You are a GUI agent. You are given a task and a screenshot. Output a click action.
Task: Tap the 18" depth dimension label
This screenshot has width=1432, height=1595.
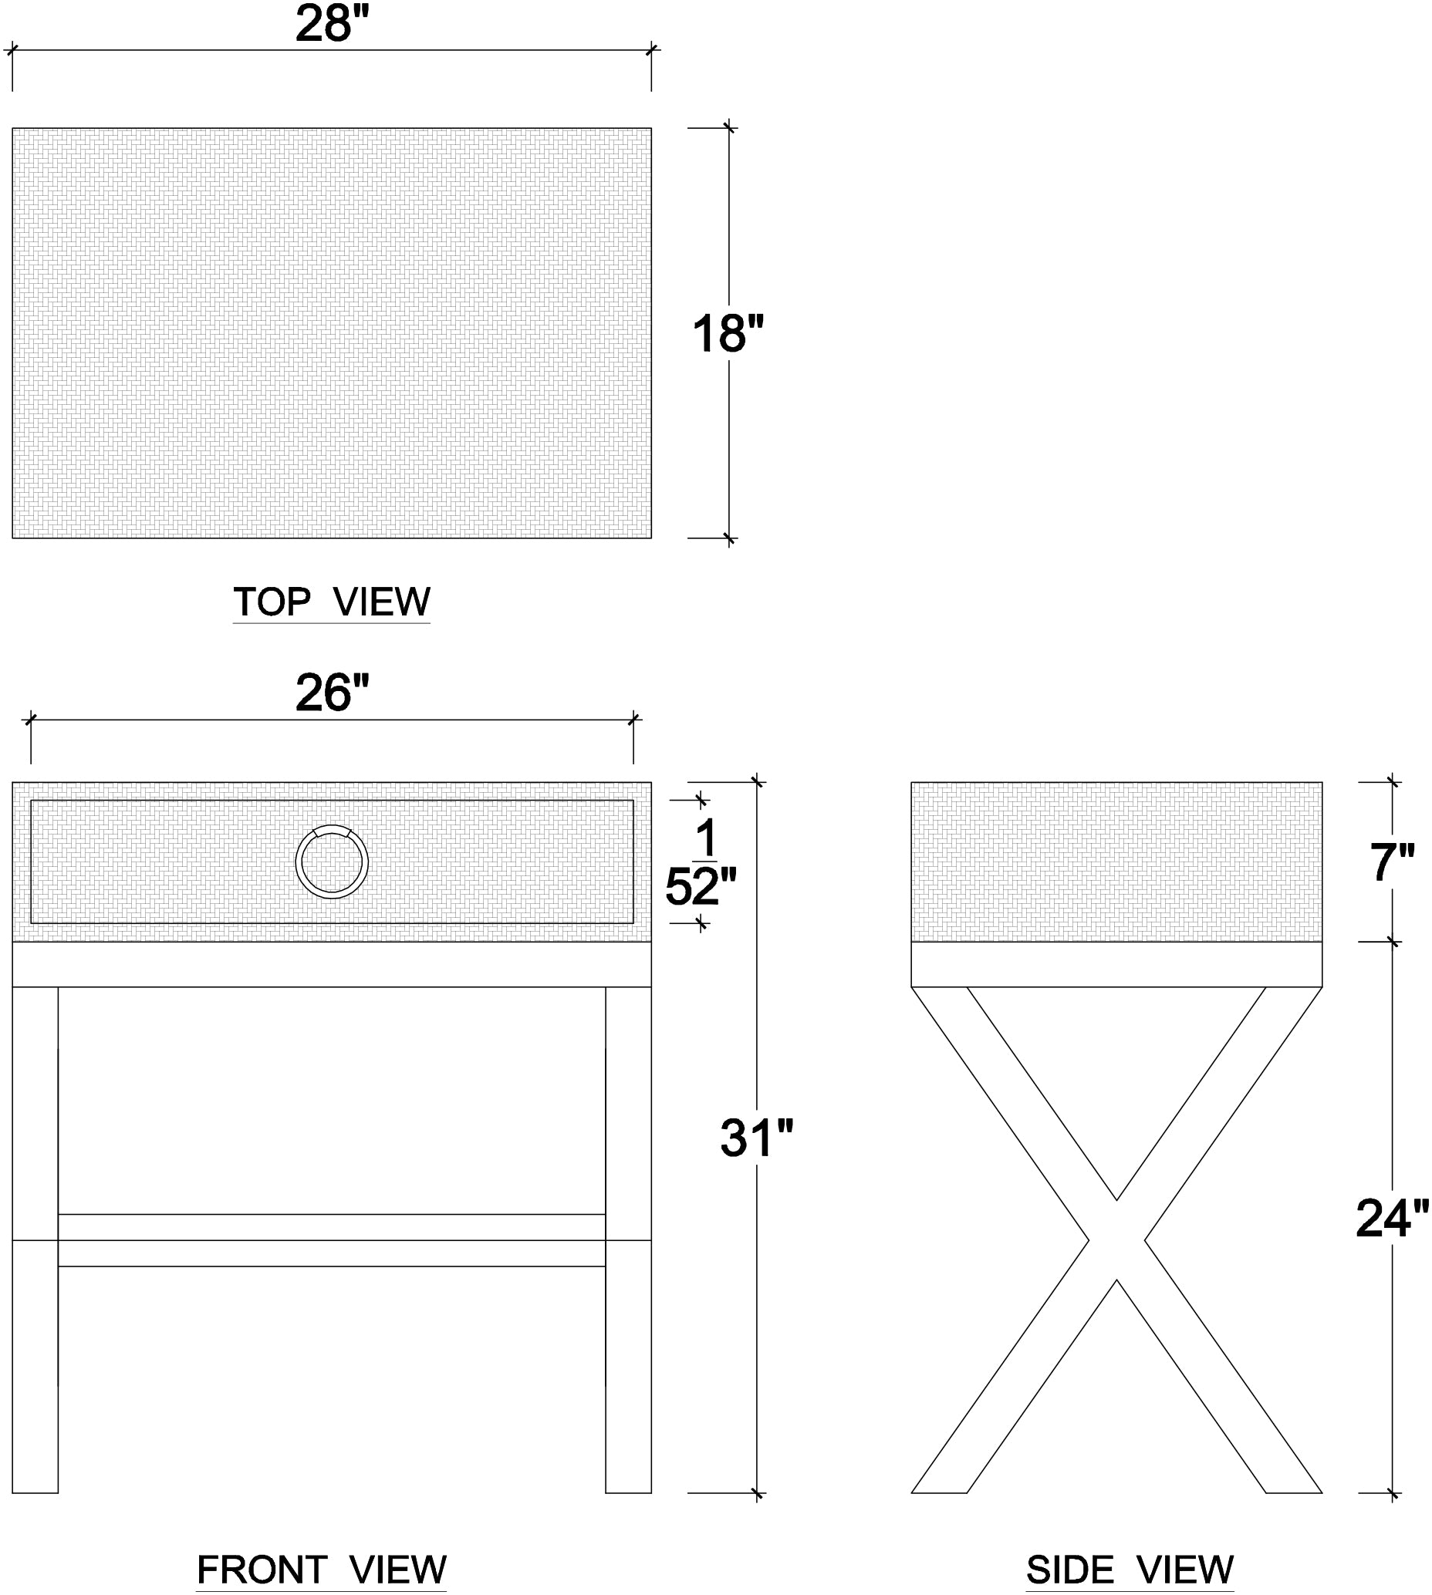coord(728,333)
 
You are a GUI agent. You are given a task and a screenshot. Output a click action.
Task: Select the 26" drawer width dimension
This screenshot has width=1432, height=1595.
coord(331,693)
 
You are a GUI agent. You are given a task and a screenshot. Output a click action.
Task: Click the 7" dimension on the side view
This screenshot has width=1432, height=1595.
coord(1393,862)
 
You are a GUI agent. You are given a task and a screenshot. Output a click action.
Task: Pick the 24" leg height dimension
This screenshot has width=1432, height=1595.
coord(1391,1219)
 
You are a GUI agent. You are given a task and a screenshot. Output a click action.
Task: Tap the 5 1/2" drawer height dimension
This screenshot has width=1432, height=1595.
coord(701,862)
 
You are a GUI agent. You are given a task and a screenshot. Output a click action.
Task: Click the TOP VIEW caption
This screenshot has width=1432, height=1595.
coord(331,602)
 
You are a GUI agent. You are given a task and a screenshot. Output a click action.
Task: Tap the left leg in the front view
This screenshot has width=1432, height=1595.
coord(35,1239)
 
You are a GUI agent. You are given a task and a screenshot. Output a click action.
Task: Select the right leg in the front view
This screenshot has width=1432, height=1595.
coord(629,1239)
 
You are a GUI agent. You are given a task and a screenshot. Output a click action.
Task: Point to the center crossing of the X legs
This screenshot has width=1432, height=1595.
coord(1116,1240)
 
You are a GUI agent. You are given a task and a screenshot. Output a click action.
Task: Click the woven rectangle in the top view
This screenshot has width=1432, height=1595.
coord(331,333)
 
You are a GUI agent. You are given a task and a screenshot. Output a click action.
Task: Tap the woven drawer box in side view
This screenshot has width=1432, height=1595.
coord(1116,862)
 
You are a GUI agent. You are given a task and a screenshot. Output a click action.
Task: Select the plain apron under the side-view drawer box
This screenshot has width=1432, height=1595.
coord(1116,964)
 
